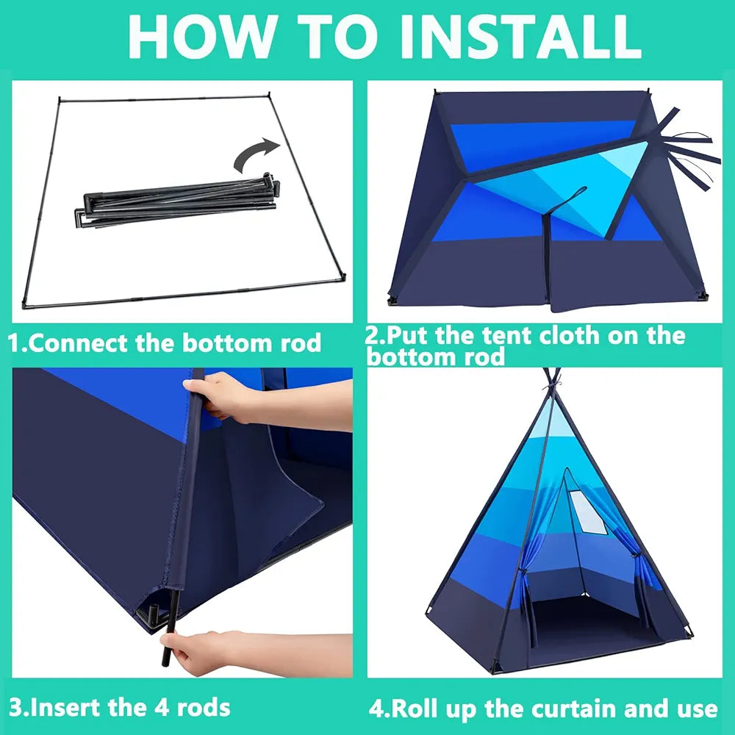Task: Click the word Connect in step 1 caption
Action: (x=81, y=343)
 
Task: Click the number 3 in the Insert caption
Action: (x=16, y=708)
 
